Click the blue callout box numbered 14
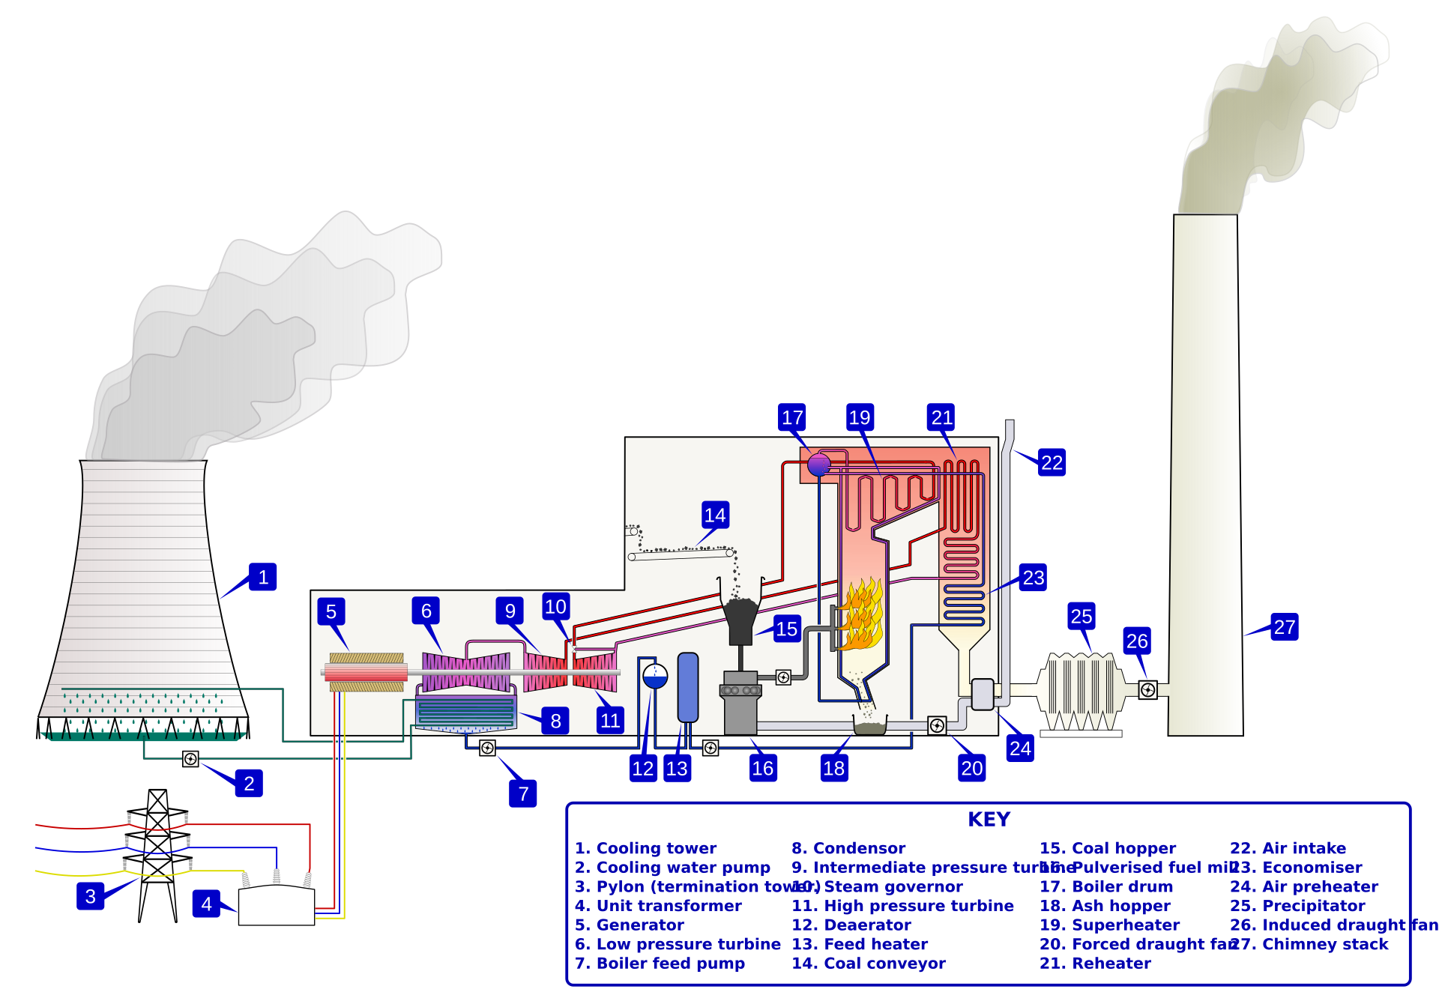tap(715, 515)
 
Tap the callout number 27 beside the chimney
tap(1285, 626)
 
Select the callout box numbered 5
tap(331, 611)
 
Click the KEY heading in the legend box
tap(989, 819)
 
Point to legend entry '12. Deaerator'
tap(851, 925)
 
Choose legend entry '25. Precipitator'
tap(1297, 905)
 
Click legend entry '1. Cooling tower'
tap(645, 848)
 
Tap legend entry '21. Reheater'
tap(1095, 963)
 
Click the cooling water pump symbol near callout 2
tap(191, 759)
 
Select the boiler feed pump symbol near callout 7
tap(487, 748)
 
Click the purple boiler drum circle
tap(819, 465)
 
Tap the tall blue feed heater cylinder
tap(688, 687)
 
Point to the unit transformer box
tap(277, 907)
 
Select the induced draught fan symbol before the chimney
tap(1147, 690)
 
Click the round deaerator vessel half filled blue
tap(655, 676)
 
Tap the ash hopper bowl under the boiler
tap(870, 726)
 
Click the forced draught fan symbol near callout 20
tap(937, 725)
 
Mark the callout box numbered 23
tap(1033, 577)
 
